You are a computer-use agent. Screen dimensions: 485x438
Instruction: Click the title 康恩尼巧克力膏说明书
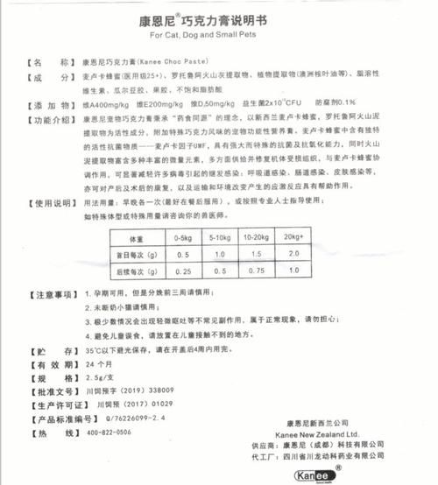click(218, 18)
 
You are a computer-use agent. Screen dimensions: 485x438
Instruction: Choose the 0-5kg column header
click(184, 239)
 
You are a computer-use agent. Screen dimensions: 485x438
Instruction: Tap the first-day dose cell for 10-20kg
click(256, 255)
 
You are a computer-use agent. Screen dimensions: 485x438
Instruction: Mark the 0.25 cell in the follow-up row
click(184, 271)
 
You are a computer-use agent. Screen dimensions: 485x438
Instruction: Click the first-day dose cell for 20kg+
click(293, 255)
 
